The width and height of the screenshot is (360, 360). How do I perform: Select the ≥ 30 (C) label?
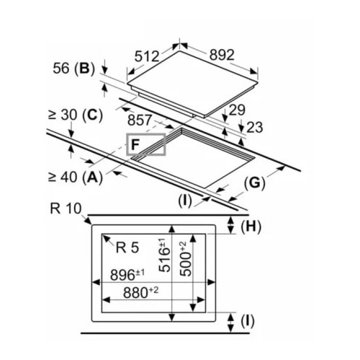75,115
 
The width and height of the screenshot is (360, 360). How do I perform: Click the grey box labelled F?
146,145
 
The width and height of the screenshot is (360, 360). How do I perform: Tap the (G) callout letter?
254,183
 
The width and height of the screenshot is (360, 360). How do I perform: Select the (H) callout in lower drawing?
251,227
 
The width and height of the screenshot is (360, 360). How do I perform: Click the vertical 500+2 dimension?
185,258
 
